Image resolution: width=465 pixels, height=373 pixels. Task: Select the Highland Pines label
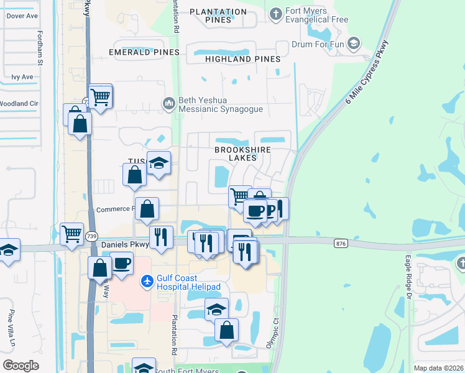click(x=242, y=59)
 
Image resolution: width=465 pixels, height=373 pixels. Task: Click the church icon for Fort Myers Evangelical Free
click(x=276, y=12)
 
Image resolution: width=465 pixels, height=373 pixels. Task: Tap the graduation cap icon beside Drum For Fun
click(x=354, y=43)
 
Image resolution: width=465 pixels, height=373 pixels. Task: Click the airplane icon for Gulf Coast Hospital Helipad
click(x=147, y=282)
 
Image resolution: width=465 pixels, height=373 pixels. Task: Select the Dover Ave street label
click(x=22, y=16)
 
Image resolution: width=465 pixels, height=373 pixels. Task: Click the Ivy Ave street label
click(x=22, y=77)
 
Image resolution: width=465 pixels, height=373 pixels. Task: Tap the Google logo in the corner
click(x=21, y=365)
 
